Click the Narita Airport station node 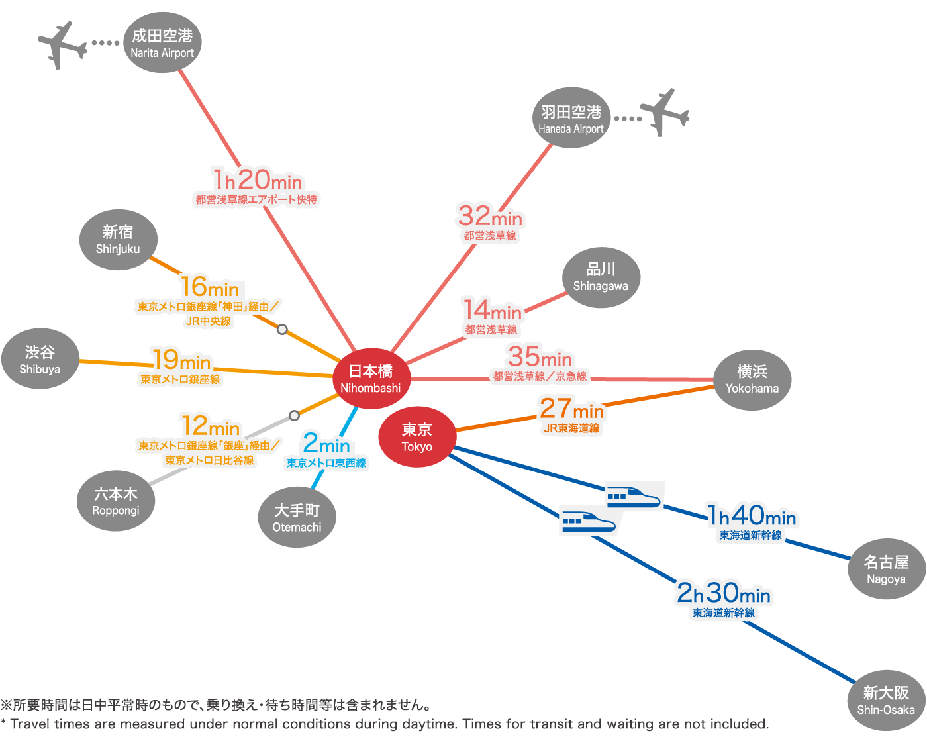[x=162, y=43]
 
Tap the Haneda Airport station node [x=571, y=119]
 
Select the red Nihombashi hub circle [x=371, y=378]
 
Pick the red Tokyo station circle [x=417, y=437]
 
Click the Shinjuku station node [x=118, y=239]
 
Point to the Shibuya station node [x=40, y=359]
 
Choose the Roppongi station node [x=116, y=501]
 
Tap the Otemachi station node [x=297, y=517]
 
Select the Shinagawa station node [x=601, y=277]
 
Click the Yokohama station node [x=752, y=379]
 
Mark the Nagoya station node [x=886, y=570]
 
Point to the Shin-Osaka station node [x=886, y=700]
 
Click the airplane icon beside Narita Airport [x=62, y=45]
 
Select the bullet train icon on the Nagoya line [x=634, y=496]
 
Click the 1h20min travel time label [x=258, y=179]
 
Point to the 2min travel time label [x=326, y=443]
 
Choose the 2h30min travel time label [x=724, y=593]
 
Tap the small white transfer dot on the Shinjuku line [x=282, y=329]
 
